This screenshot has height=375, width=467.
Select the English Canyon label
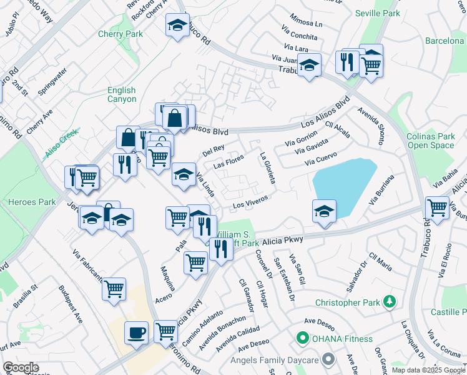[x=121, y=95]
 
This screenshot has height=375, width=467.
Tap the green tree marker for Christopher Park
[x=390, y=302]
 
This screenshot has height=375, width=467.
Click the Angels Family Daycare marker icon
[x=328, y=359]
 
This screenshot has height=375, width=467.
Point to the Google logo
[x=21, y=367]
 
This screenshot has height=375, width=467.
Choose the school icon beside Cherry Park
[x=177, y=26]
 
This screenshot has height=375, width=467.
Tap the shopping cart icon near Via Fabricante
[x=114, y=288]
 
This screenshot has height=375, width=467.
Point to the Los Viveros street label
[x=250, y=201]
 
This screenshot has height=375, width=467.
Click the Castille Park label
[x=449, y=311]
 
